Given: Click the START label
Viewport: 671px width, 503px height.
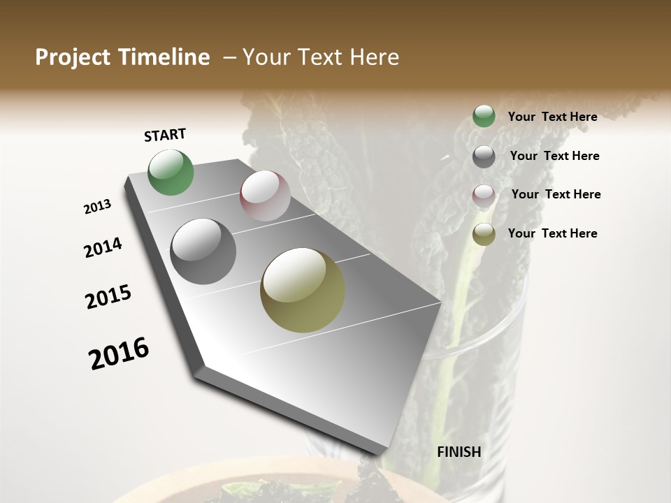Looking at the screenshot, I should tap(165, 135).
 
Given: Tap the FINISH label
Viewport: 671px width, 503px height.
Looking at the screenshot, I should tap(459, 452).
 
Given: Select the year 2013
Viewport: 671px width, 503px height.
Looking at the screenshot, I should tap(97, 207).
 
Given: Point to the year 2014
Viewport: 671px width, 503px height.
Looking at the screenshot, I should tap(103, 247).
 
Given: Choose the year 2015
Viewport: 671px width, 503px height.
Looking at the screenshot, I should tap(108, 297).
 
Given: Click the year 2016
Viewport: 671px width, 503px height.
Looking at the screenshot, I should tap(119, 353).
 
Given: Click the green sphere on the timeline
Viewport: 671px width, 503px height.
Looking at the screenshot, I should tap(171, 173).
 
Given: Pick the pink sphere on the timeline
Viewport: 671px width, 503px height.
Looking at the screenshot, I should tap(265, 196).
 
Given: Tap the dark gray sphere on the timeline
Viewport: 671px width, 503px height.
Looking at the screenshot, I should tap(203, 251).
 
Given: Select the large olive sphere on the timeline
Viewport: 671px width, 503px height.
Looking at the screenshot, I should tap(303, 290).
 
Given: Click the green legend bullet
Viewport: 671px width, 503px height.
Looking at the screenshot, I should tap(484, 117).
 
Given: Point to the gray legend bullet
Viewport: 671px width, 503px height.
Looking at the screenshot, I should tap(484, 156).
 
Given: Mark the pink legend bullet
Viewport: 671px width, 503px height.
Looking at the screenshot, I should tap(484, 195).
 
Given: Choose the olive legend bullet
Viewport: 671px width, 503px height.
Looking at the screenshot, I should tap(484, 234).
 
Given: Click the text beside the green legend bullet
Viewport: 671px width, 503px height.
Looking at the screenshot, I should tap(552, 117).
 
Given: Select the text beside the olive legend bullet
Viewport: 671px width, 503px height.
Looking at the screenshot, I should tap(552, 233).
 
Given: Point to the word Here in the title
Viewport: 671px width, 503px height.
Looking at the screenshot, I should tap(373, 57).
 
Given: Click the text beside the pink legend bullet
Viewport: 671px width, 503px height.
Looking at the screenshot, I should tap(556, 194).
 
